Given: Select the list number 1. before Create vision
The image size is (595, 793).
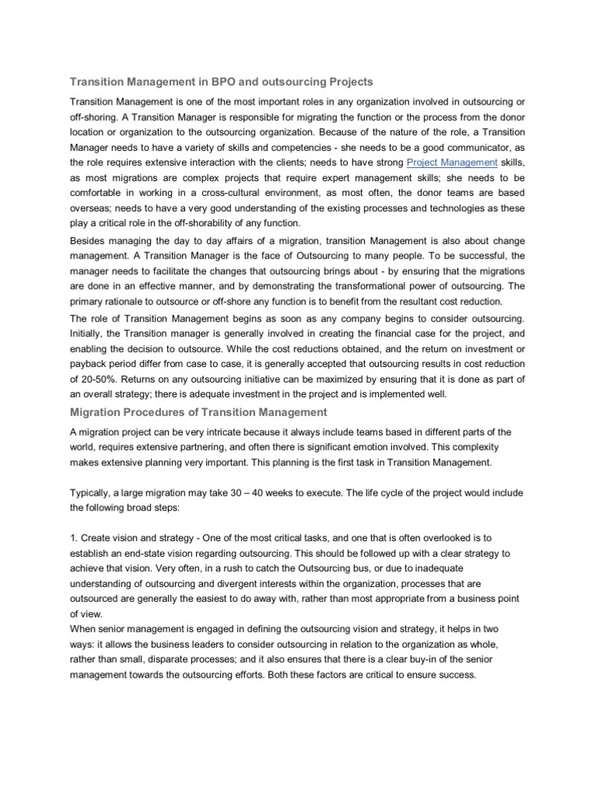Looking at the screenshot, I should click(74, 540).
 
